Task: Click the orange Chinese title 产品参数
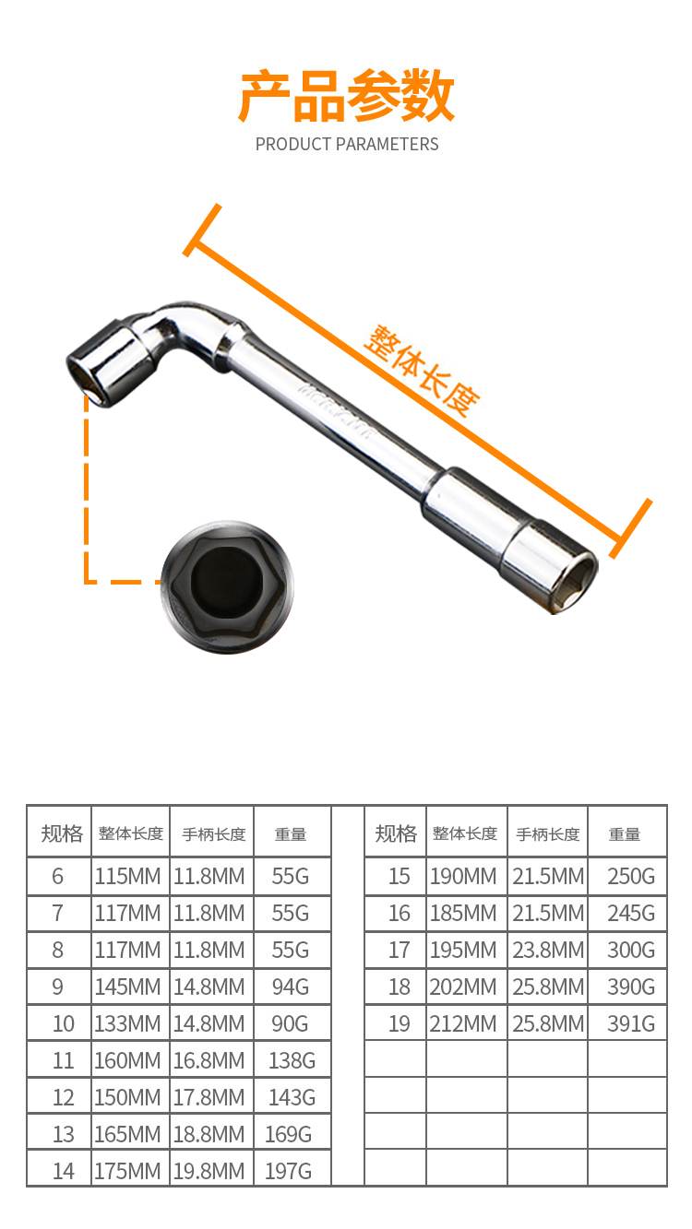tap(347, 96)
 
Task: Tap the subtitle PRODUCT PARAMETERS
tap(347, 145)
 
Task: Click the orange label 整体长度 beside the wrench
tap(422, 372)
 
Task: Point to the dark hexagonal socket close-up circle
tap(227, 587)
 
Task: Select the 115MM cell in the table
tap(128, 876)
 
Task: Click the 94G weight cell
tap(291, 987)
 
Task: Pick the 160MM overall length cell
tap(128, 1060)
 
